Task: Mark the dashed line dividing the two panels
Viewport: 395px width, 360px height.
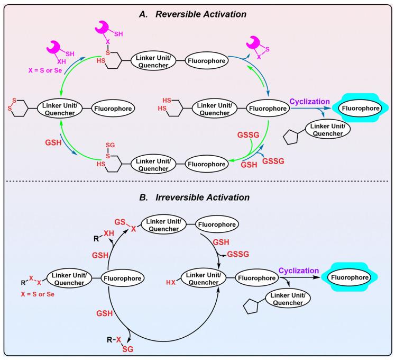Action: tap(197, 183)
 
